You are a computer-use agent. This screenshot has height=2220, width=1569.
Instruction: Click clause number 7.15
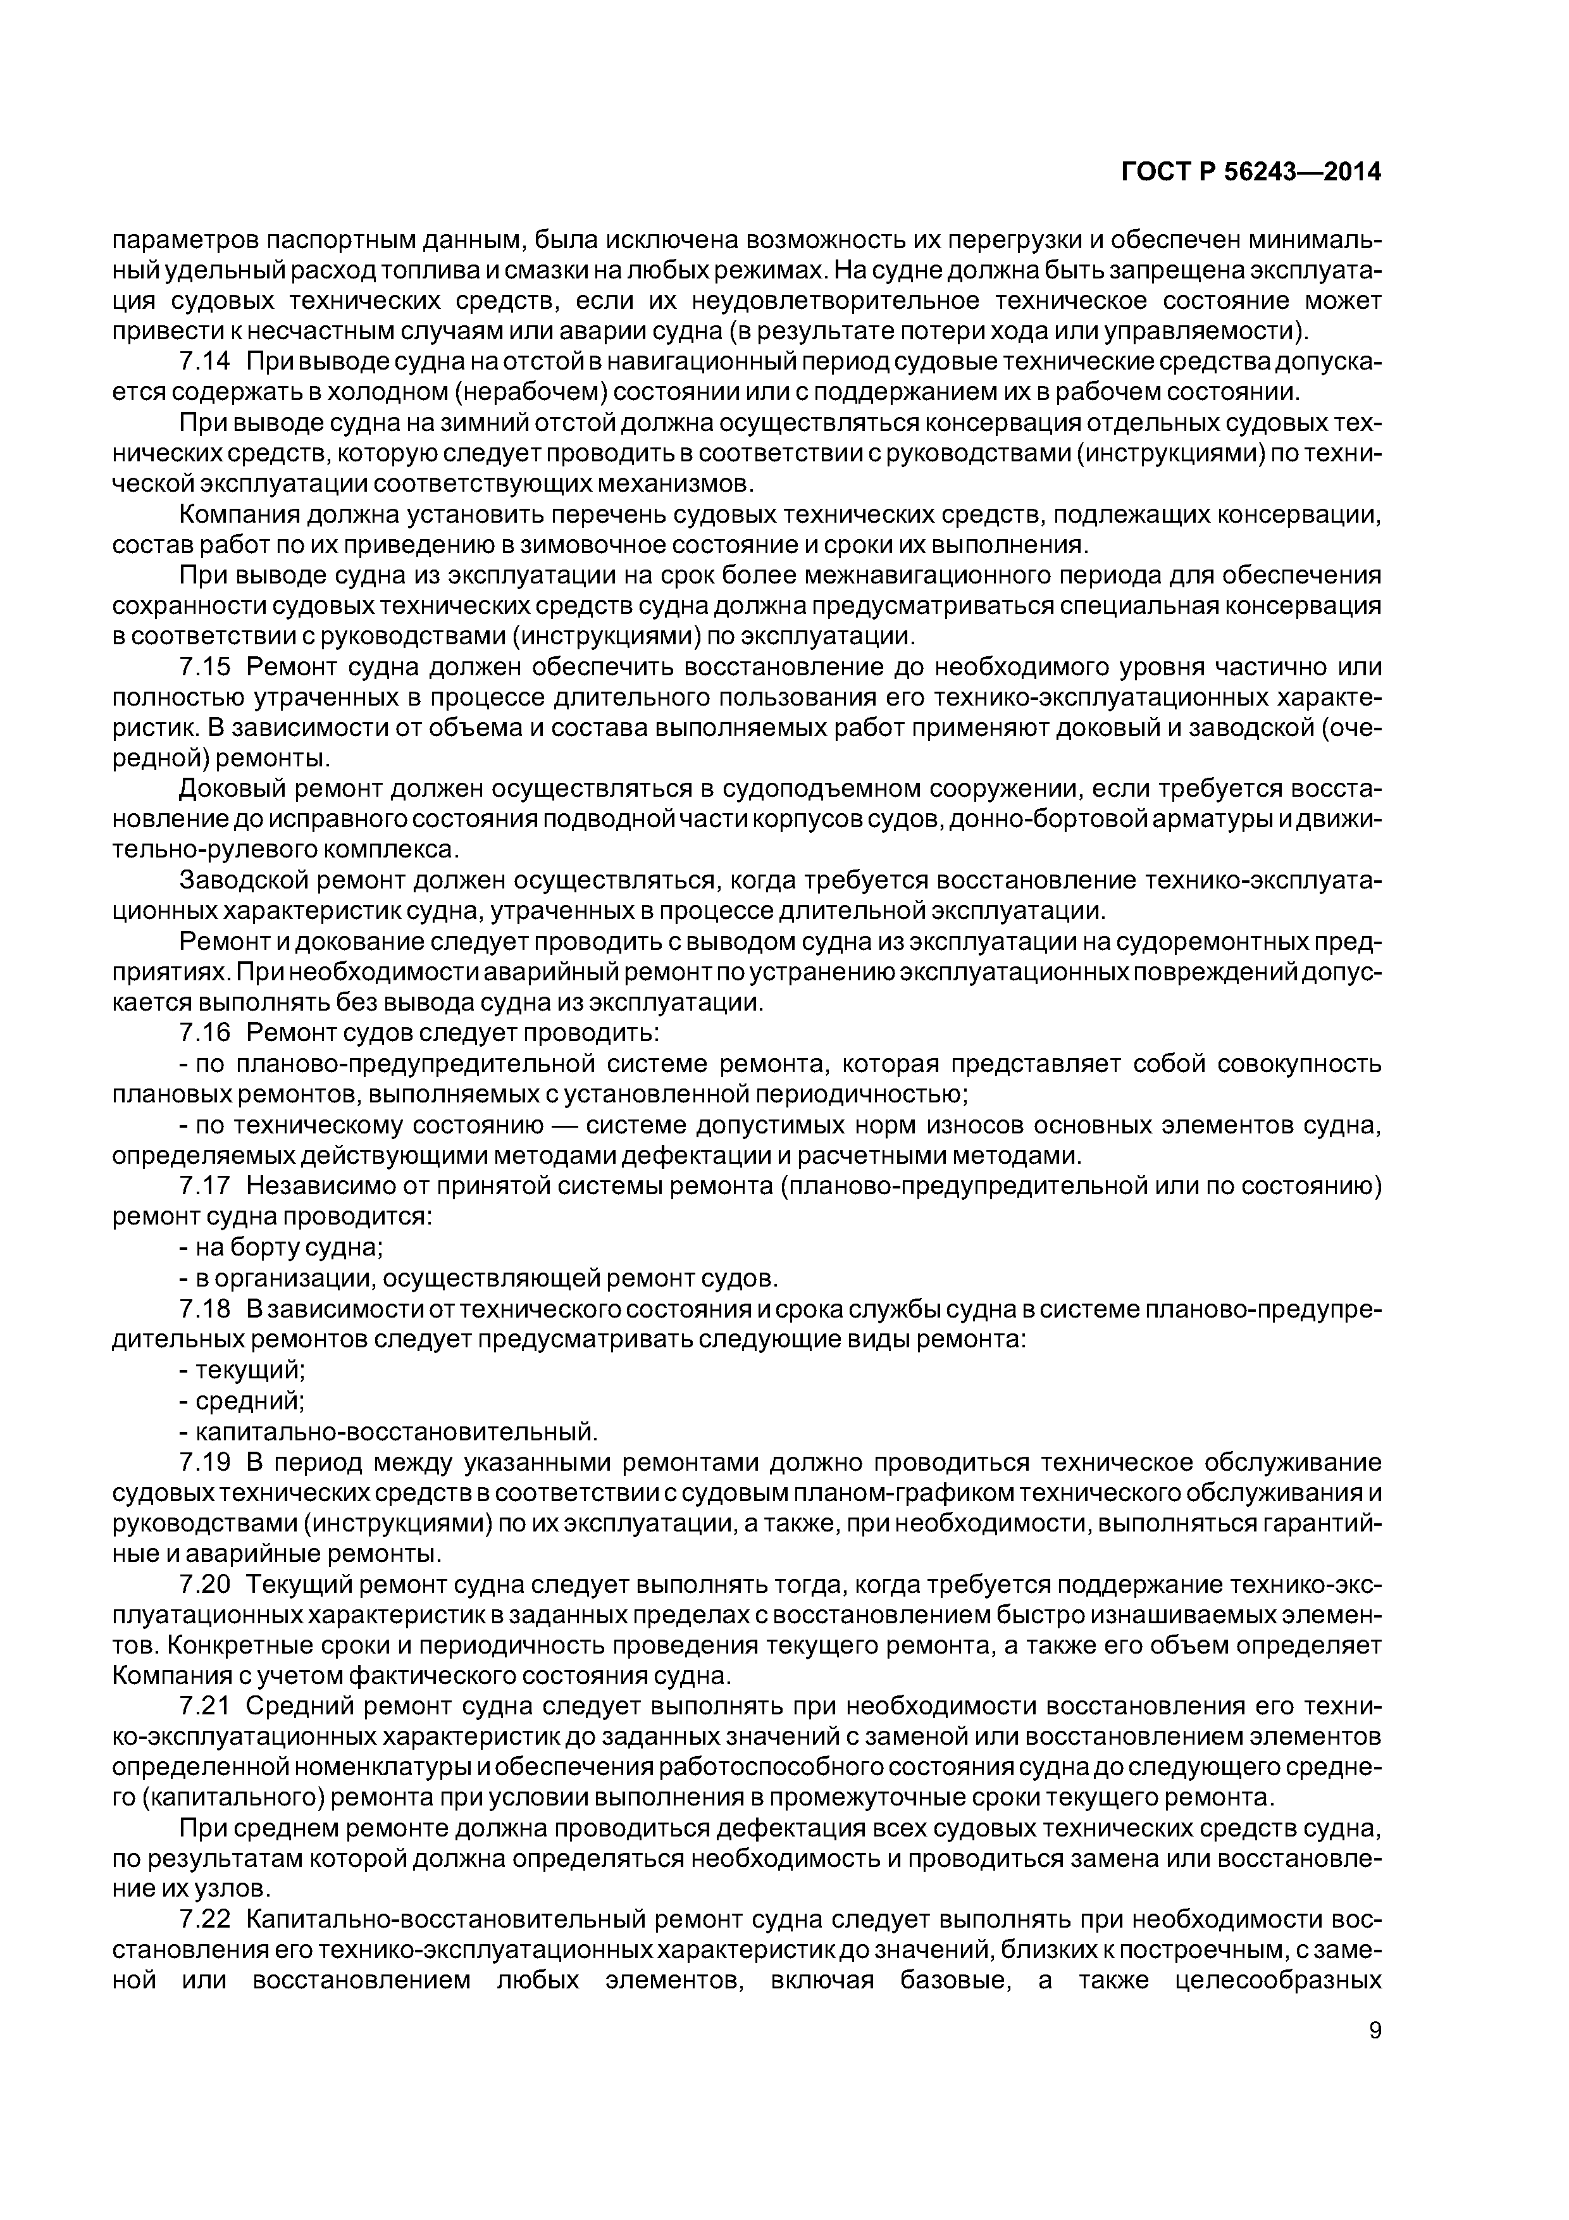205,667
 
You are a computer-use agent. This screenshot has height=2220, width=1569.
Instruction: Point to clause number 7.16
205,1033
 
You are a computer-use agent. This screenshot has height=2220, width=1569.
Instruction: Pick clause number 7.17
205,1185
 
